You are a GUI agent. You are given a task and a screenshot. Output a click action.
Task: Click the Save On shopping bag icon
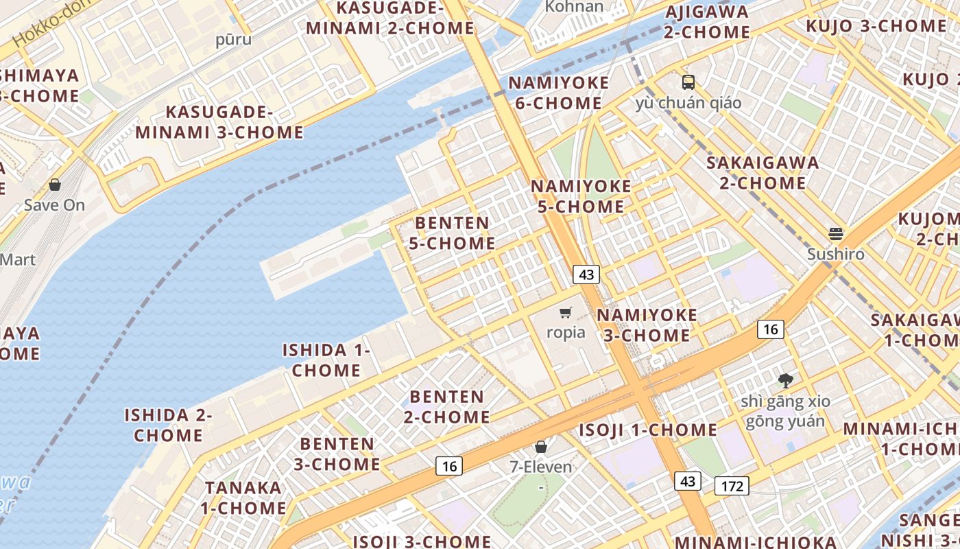(x=55, y=185)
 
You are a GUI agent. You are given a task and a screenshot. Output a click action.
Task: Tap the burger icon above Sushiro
(x=835, y=234)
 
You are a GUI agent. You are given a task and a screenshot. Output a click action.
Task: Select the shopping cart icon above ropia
(x=566, y=313)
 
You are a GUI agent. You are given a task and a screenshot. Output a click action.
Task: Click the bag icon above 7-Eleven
(x=541, y=447)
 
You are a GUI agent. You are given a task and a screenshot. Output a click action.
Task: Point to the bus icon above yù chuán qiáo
(x=688, y=82)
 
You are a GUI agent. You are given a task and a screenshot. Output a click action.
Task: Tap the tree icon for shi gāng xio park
(x=785, y=380)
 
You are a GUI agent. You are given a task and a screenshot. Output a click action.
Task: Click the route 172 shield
(x=732, y=486)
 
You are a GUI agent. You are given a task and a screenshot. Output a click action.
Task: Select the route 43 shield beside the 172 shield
(x=688, y=481)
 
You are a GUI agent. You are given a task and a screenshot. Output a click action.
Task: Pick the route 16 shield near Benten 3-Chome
(x=449, y=466)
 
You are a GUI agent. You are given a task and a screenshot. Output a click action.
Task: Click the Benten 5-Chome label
(x=452, y=233)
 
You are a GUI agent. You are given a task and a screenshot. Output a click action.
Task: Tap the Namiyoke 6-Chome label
(x=558, y=93)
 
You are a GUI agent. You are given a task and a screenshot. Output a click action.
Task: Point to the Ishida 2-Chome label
(x=168, y=425)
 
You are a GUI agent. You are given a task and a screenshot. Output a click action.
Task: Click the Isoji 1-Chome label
(x=648, y=430)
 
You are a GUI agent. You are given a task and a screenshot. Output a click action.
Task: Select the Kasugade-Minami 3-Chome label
(x=219, y=122)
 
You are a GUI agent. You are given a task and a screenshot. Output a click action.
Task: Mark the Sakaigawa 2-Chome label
(x=763, y=173)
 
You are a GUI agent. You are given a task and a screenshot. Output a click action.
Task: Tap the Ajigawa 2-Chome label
(x=707, y=22)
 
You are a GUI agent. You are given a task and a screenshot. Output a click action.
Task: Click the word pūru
(x=233, y=39)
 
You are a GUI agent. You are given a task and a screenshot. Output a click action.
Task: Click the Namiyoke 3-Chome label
(x=647, y=325)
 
